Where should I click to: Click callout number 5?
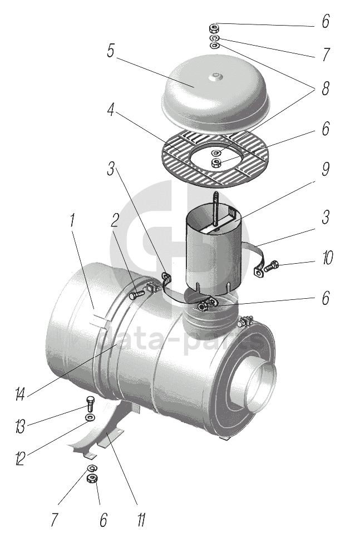point(110,51)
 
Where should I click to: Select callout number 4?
point(110,108)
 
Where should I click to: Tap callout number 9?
point(326,169)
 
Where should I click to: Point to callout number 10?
point(327,258)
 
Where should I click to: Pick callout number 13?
point(20,427)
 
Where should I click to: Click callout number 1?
point(72,221)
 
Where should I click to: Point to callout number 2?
point(114,221)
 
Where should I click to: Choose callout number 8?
point(326,88)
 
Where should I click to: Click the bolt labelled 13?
point(90,404)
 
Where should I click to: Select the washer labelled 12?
point(91,417)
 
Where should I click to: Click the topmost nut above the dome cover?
point(214,27)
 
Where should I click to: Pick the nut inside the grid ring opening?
point(216,162)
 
